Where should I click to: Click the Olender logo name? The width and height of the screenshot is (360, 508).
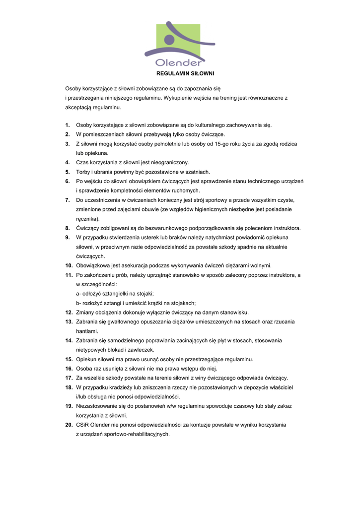click(178, 63)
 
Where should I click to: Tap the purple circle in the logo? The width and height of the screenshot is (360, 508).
click(169, 39)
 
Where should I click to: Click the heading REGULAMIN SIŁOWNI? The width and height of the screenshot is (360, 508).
click(185, 73)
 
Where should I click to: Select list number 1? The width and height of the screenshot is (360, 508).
click(67, 125)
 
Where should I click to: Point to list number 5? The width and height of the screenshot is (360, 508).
click(67, 172)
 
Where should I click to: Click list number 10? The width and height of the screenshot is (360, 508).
click(69, 265)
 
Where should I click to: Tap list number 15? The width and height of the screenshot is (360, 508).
click(69, 359)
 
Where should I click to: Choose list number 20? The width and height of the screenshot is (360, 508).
click(69, 425)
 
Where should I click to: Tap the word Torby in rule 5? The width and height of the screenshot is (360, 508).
click(83, 172)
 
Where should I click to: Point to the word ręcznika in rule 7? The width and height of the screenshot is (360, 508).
click(86, 219)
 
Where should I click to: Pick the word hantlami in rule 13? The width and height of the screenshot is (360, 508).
click(86, 331)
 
